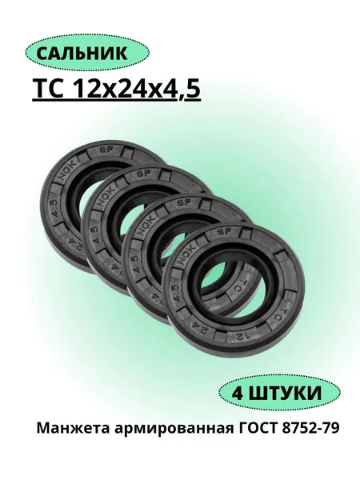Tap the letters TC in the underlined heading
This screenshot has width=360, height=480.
(50, 89)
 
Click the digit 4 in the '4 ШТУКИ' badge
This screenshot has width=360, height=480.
(238, 393)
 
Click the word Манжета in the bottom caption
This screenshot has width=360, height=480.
(74, 428)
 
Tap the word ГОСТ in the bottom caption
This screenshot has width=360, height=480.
(257, 428)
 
